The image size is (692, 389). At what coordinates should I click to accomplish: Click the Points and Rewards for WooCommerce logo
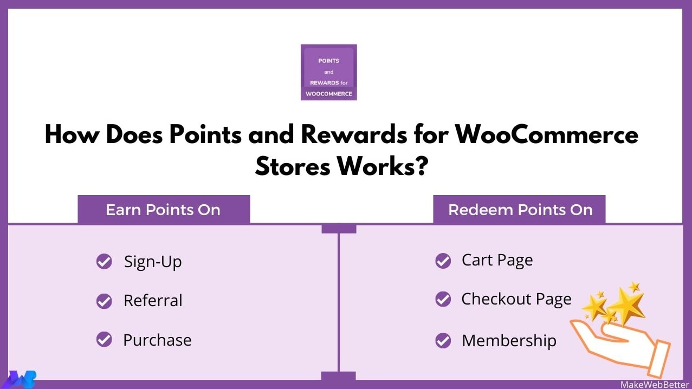[x=328, y=72]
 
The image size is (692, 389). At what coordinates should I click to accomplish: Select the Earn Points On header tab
[x=163, y=210]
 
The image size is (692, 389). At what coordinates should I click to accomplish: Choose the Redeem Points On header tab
[x=520, y=210]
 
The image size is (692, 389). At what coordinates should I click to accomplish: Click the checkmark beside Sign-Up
[x=104, y=262]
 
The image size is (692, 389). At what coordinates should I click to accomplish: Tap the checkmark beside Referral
[x=104, y=301]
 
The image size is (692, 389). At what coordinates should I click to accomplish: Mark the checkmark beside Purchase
[x=104, y=340]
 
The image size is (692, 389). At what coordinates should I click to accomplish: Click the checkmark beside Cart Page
[x=443, y=261]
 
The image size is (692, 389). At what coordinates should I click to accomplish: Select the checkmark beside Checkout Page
[x=443, y=299]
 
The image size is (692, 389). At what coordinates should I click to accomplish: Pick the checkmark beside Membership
[x=443, y=341]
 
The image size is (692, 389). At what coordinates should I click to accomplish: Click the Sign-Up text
[x=153, y=262]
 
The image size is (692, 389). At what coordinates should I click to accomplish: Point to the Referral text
[x=153, y=301]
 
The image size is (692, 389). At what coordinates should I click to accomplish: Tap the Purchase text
[x=157, y=340]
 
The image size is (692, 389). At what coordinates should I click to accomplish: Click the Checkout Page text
[x=516, y=300]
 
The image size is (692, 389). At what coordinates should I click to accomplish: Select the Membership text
[x=509, y=341]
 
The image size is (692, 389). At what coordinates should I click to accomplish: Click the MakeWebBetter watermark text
[x=655, y=384]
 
